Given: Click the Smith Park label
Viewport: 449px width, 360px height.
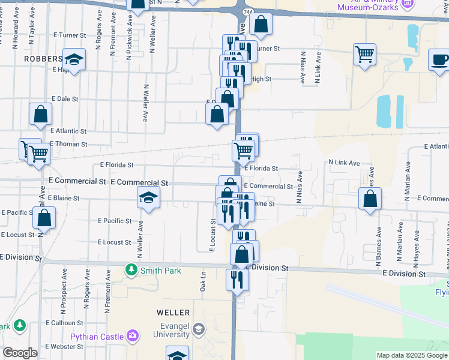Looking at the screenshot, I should pos(160,271).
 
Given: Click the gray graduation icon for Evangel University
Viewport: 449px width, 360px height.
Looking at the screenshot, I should pos(199,329).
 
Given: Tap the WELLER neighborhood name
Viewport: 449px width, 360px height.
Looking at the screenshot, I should pos(173,313).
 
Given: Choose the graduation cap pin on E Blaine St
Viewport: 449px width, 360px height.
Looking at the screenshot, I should pos(148,197).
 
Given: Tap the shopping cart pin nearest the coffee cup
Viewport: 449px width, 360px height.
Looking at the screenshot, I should pos(364,54).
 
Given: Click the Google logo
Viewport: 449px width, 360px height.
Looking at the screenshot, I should pos(20,353).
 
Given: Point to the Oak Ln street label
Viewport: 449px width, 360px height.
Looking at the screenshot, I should pos(203,281).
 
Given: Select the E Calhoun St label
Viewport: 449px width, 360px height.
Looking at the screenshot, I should pos(67,322).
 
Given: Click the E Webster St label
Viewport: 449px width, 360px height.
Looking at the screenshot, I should pos(67,346).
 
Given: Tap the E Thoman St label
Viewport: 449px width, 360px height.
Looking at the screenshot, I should pos(68,144).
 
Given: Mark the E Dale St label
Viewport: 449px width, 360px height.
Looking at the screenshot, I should pos(65,98).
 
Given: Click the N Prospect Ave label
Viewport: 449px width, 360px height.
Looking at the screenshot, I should pos(64,291).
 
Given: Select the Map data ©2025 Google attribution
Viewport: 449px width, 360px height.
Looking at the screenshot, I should pos(412,355).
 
